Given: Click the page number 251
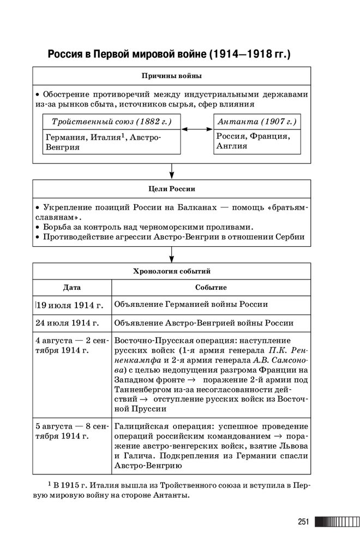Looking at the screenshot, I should pyautogui.click(x=303, y=522).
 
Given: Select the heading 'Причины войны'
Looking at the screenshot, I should pyautogui.click(x=171, y=75).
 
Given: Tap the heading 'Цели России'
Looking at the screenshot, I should pyautogui.click(x=171, y=189).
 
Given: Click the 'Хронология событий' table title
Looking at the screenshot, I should pyautogui.click(x=171, y=271).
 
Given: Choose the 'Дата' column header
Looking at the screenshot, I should pyautogui.click(x=71, y=287).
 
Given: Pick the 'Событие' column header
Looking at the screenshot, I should pyautogui.click(x=211, y=287).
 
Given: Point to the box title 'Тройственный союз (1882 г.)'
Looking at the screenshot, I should pyautogui.click(x=111, y=121).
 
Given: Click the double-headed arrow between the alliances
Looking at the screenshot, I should pyautogui.click(x=197, y=129).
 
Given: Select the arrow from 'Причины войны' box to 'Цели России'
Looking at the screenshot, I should pyautogui.click(x=171, y=171).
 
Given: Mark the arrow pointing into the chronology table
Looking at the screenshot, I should pyautogui.click(x=171, y=254).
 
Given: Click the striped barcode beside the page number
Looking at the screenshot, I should pyautogui.click(x=337, y=522).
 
